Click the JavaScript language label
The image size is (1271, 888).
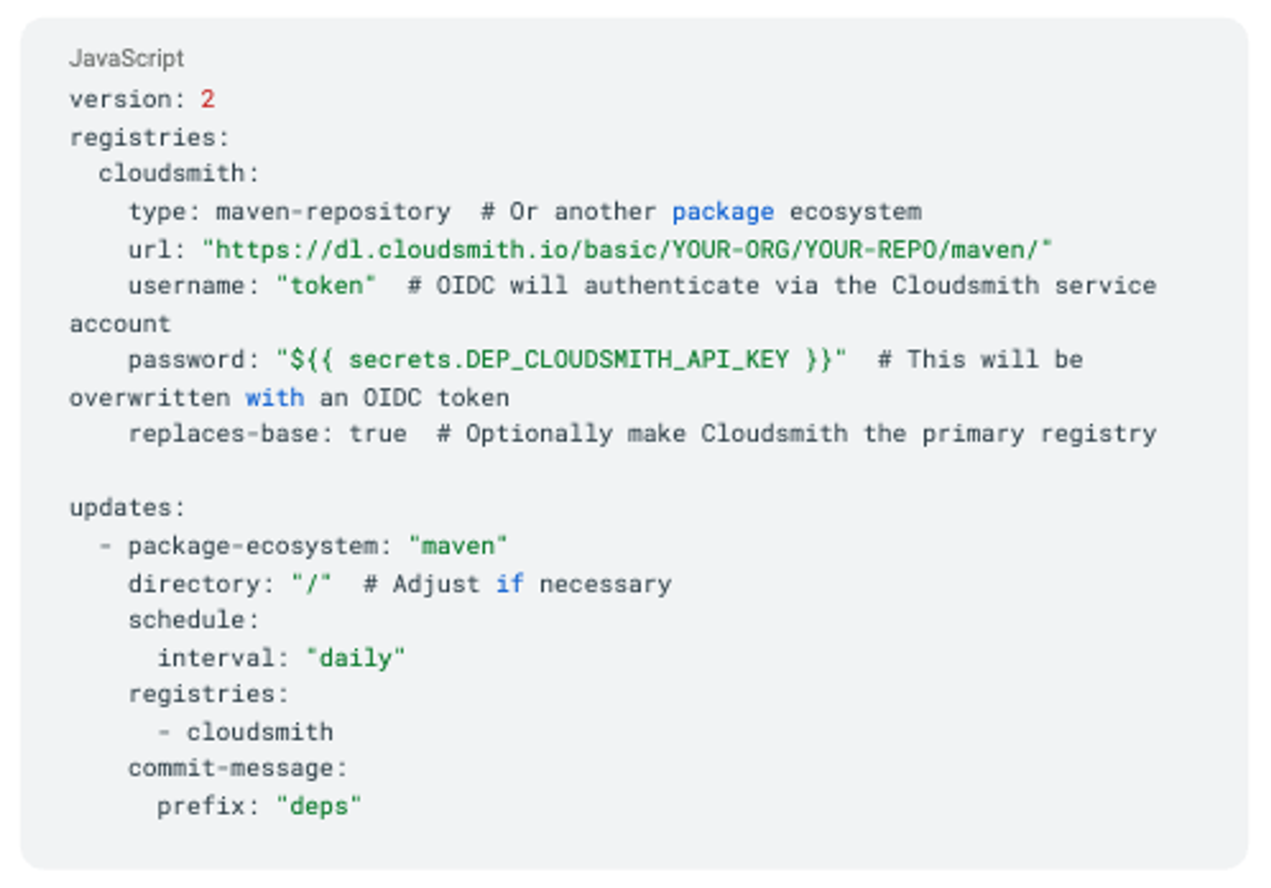click(127, 58)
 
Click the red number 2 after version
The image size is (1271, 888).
click(208, 100)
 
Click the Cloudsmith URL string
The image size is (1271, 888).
click(627, 250)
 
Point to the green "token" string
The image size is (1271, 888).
click(326, 286)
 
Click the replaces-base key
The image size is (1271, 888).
click(223, 434)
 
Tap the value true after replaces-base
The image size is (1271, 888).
click(378, 434)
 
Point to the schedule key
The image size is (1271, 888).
click(187, 620)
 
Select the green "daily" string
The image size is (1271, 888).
click(355, 658)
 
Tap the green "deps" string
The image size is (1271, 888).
click(318, 806)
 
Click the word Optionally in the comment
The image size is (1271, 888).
click(539, 434)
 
